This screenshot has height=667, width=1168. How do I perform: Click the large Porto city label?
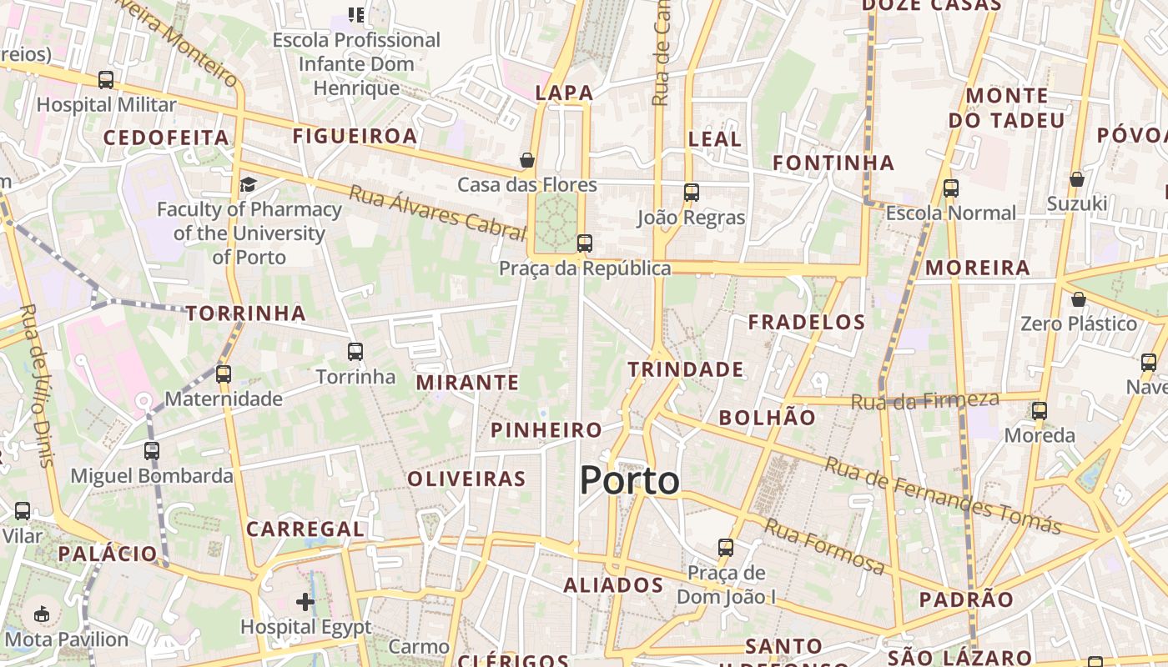click(x=629, y=481)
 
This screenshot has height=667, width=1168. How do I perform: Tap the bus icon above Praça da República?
click(x=585, y=243)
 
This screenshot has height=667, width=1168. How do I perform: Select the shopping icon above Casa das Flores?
click(x=527, y=159)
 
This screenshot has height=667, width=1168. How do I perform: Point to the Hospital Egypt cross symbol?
click(x=305, y=601)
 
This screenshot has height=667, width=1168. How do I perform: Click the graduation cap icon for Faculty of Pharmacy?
click(x=248, y=184)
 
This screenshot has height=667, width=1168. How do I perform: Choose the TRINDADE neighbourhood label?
click(x=685, y=369)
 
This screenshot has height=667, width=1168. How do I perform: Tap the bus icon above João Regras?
click(x=691, y=193)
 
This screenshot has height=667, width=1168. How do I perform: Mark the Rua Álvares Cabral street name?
click(x=436, y=212)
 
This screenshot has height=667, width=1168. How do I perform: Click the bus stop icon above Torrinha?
click(x=355, y=352)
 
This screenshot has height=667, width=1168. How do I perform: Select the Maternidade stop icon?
click(x=223, y=374)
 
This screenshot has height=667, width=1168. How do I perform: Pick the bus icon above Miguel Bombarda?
click(x=151, y=451)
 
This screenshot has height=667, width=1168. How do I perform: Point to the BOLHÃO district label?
click(x=767, y=418)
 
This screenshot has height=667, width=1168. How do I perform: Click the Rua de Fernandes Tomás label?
click(x=942, y=495)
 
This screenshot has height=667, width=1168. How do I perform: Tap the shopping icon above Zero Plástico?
click(x=1079, y=299)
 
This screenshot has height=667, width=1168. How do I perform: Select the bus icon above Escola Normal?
click(x=951, y=188)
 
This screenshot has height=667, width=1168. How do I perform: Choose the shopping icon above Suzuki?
click(x=1077, y=179)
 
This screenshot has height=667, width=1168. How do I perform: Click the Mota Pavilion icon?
click(x=41, y=614)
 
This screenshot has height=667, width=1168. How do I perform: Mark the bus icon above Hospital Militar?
click(x=106, y=80)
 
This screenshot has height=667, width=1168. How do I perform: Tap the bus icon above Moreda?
click(x=1039, y=410)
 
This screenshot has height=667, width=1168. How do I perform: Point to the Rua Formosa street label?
click(x=824, y=546)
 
